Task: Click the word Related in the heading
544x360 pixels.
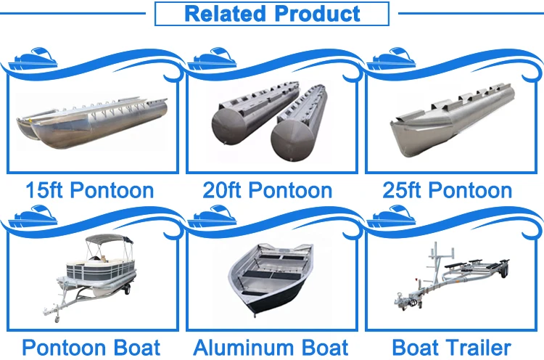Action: (x=225, y=14)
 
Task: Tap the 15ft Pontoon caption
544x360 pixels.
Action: (x=89, y=191)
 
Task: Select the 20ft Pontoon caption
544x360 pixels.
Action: (x=268, y=191)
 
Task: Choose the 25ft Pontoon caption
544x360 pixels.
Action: (x=447, y=191)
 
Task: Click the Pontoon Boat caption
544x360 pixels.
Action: (x=91, y=347)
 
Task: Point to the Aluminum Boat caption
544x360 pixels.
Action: (x=271, y=347)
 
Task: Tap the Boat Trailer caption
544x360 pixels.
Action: (x=451, y=347)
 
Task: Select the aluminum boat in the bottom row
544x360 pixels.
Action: (x=270, y=276)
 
